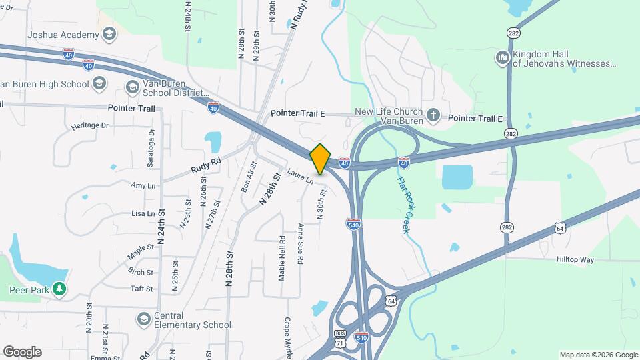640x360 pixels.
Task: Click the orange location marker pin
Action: point(320,159)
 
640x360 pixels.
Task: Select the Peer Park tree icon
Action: point(60,290)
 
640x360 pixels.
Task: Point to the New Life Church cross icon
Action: point(433,115)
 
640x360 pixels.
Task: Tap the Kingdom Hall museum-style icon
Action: point(502,58)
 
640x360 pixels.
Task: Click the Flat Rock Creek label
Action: point(405,205)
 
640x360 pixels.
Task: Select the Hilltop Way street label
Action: point(575,260)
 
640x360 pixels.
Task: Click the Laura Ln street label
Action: point(300,175)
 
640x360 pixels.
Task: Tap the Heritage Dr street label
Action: point(89,125)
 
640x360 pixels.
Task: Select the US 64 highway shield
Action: point(560,229)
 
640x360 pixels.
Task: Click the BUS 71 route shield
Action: point(341,338)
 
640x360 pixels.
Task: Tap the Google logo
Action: point(22,352)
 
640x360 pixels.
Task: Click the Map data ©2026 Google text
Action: point(598,355)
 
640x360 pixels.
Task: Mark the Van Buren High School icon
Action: point(99,83)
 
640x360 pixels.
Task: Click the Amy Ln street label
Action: point(143,185)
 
